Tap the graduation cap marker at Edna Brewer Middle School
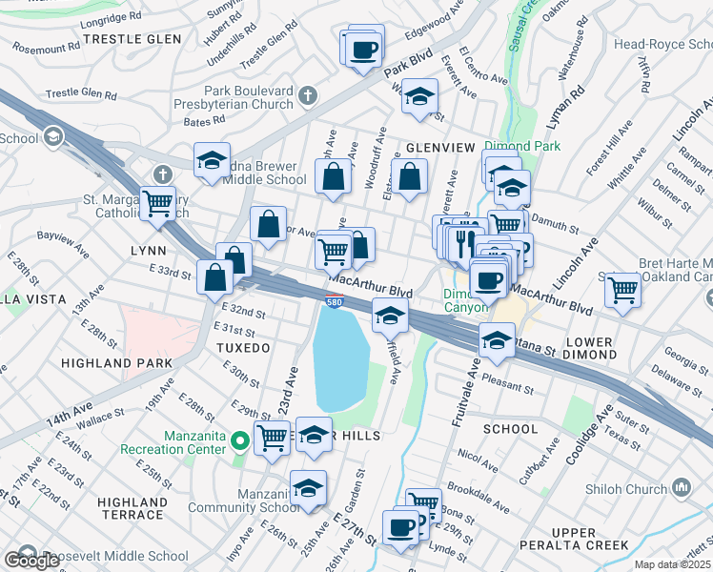pyautogui.click(x=213, y=160)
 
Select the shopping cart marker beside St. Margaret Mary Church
pyautogui.click(x=157, y=202)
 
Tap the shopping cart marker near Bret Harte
pyautogui.click(x=623, y=288)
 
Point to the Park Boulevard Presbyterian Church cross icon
pyautogui.click(x=307, y=94)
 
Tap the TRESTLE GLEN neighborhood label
pyautogui.click(x=119, y=38)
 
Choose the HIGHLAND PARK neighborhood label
pyautogui.click(x=116, y=363)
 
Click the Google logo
pyautogui.click(x=32, y=561)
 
